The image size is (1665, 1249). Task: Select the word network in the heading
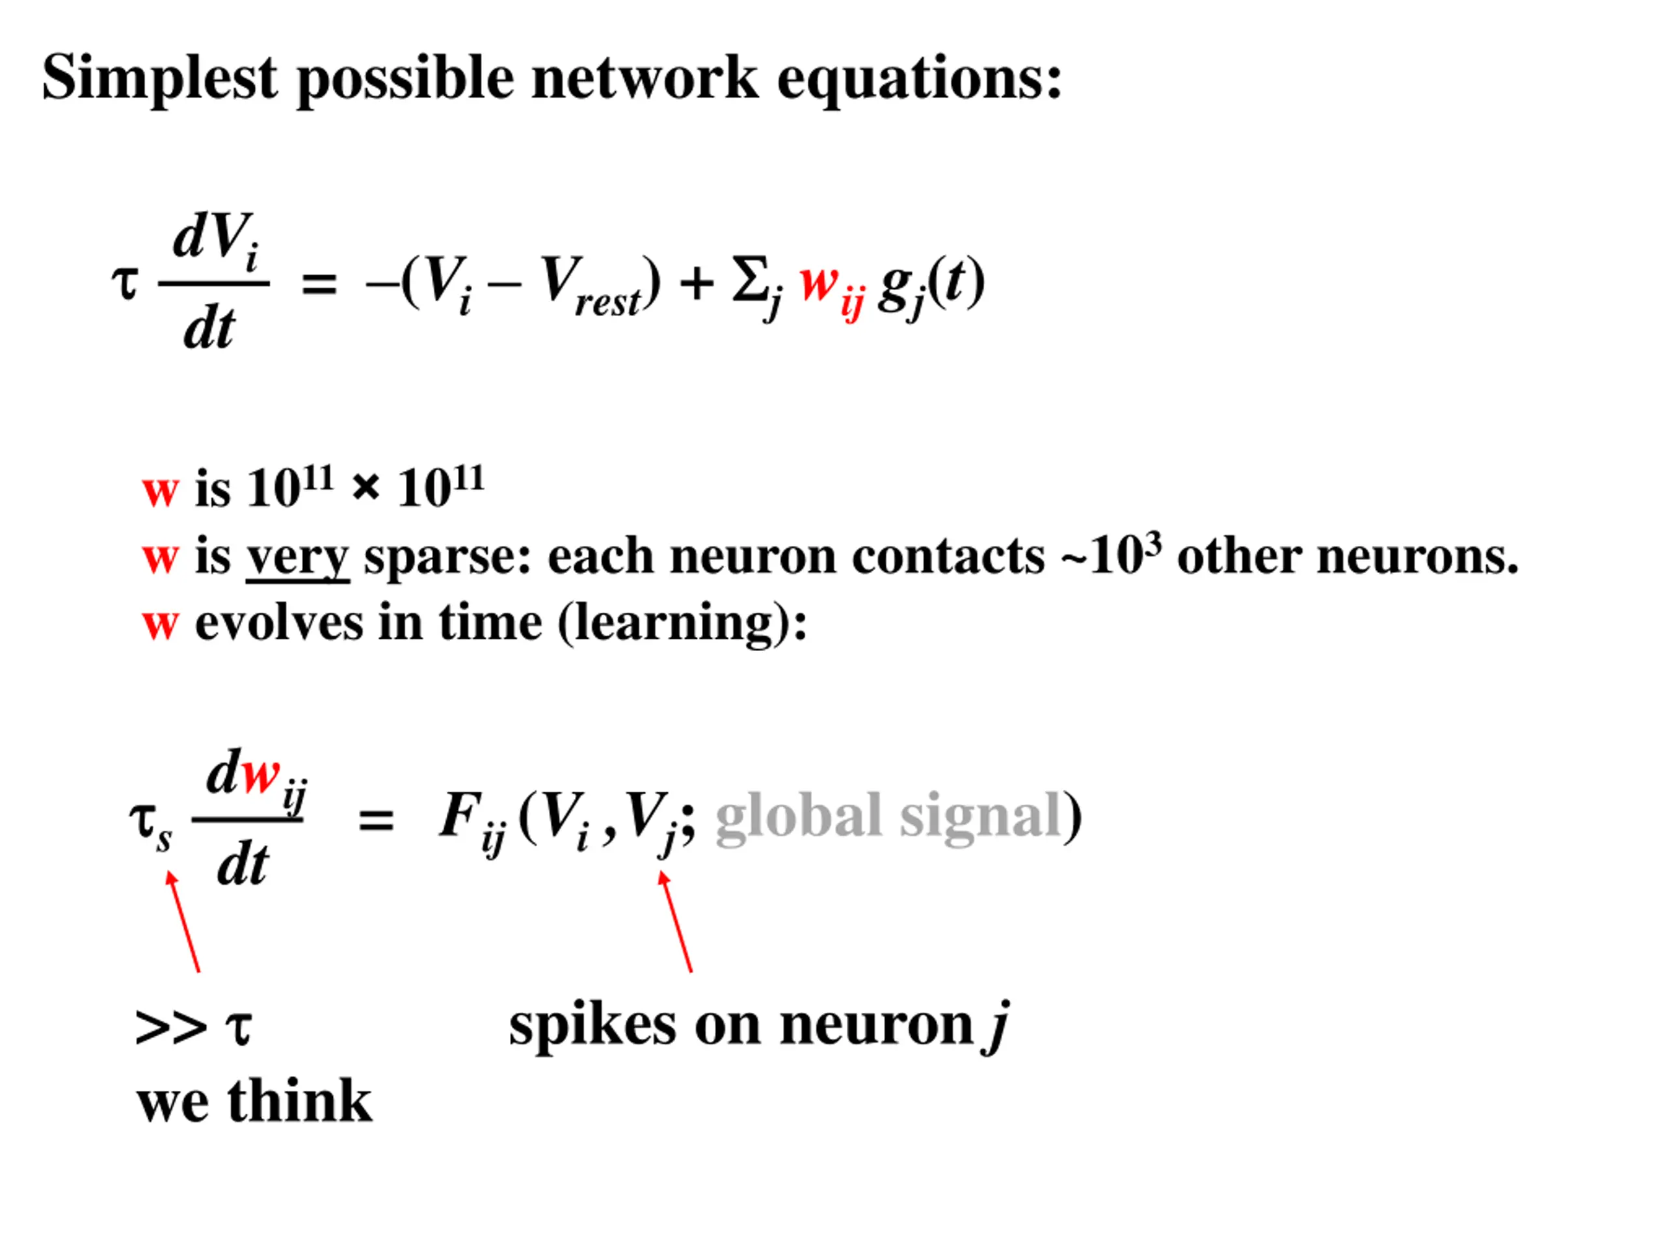645,78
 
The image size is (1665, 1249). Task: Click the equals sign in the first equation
319,284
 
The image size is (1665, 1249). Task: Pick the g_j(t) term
931,284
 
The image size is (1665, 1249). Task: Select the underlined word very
297,557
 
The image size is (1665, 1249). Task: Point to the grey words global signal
888,816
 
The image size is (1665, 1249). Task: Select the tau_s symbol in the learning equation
150,824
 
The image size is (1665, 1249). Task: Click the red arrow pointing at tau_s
185,922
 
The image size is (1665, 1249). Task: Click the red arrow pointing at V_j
675,922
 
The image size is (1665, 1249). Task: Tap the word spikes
592,1025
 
